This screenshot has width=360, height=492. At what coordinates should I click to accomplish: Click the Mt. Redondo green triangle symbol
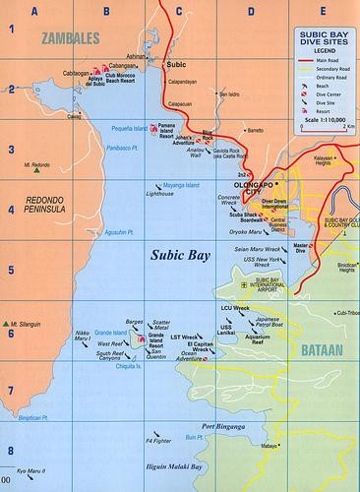tap(36, 170)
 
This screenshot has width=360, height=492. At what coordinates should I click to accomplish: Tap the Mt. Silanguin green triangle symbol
tap(11, 322)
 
